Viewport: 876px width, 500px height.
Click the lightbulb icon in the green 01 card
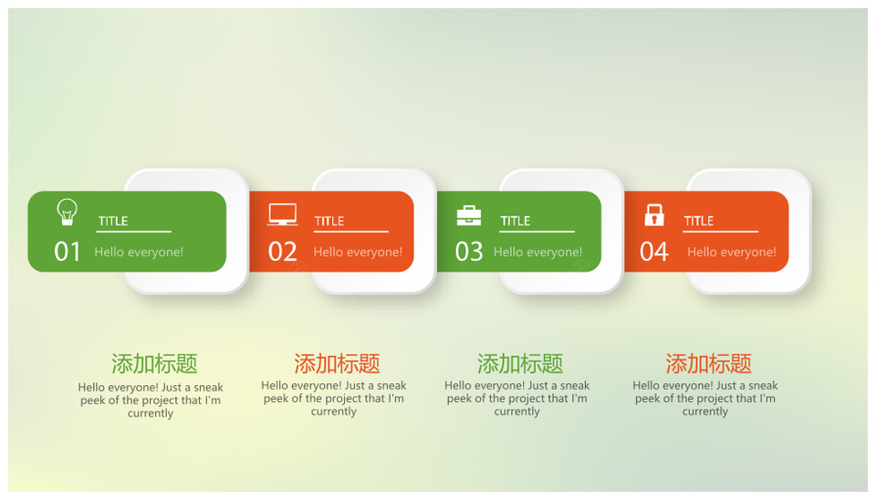tap(67, 212)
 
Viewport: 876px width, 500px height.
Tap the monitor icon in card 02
tap(282, 214)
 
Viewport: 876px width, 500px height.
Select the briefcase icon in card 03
tap(469, 215)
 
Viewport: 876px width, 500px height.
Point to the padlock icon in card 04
tap(654, 214)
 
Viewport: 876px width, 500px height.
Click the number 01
tap(68, 252)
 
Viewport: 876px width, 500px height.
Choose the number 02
tap(282, 252)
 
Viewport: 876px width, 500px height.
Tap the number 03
tap(469, 252)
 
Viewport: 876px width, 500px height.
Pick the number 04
tap(654, 252)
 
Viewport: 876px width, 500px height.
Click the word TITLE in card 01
tap(113, 221)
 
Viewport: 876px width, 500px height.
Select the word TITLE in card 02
tap(329, 221)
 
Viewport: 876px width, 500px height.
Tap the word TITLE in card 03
tap(515, 221)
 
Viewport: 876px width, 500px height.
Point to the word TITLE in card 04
tap(699, 221)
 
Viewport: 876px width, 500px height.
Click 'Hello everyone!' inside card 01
tap(139, 252)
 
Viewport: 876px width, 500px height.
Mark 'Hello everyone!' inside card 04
tap(732, 252)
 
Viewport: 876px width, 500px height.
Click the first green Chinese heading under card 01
tap(154, 364)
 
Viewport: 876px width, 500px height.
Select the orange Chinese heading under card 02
tap(337, 364)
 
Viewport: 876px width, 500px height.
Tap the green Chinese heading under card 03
tap(520, 364)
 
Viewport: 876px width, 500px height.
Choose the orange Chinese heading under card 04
tap(708, 364)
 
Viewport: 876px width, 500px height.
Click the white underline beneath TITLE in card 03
tap(537, 231)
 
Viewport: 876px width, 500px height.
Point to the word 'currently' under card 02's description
tap(334, 411)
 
